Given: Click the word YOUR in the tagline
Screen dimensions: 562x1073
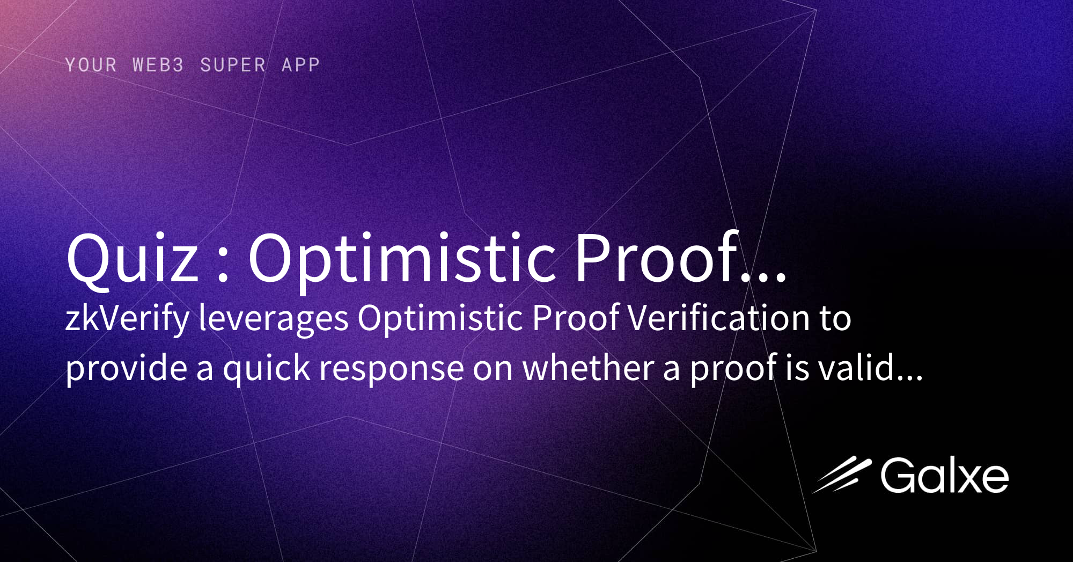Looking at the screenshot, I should (91, 65).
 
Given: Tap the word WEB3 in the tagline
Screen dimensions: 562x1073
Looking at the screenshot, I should (158, 65).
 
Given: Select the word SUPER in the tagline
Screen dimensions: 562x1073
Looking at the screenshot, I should (233, 65).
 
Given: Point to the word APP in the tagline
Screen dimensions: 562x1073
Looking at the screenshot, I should (300, 65).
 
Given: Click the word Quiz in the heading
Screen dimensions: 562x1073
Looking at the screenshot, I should (132, 258).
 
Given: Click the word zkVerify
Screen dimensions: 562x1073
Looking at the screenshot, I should (127, 318).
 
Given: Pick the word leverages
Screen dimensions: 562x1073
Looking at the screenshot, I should (274, 318).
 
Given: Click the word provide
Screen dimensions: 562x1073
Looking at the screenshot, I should (126, 369).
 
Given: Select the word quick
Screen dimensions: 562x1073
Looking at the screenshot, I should (266, 369).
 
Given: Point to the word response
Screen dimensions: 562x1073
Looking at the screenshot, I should (392, 370).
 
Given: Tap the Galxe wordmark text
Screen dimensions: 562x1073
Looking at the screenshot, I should (944, 476).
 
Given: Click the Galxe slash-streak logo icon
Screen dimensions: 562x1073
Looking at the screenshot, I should (841, 475).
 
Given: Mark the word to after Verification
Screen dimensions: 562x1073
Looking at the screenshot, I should (835, 318).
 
